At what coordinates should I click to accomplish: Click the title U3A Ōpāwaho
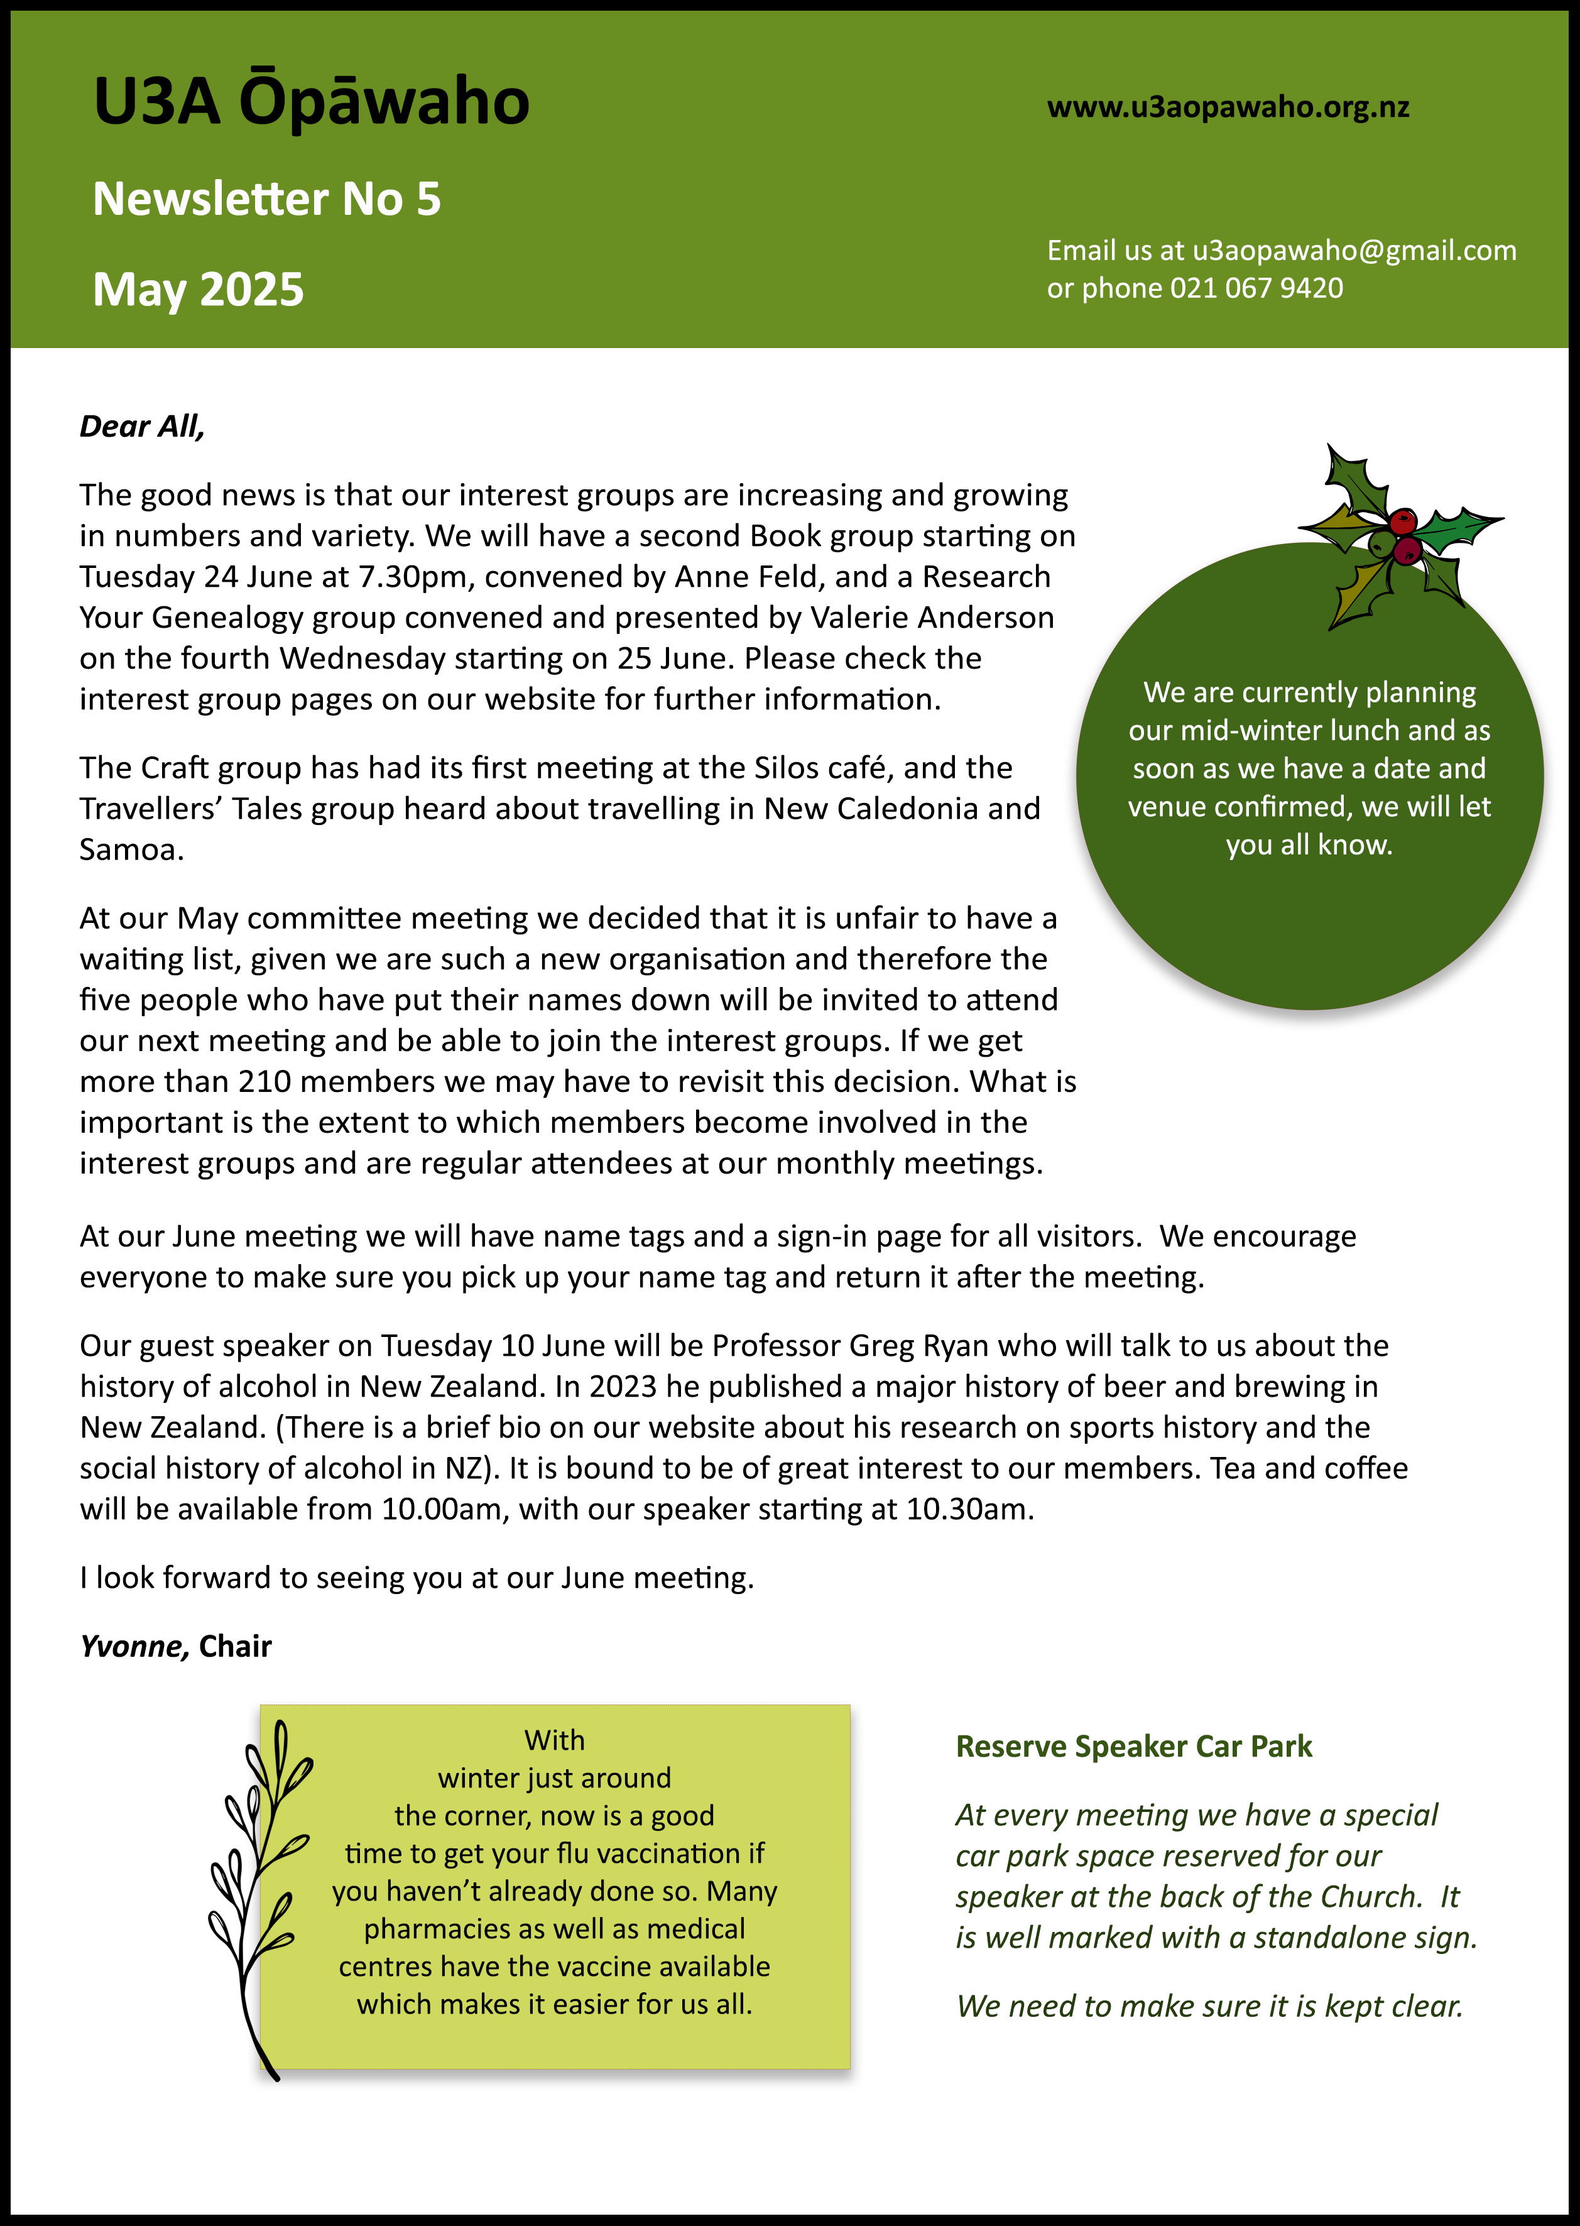coord(312,102)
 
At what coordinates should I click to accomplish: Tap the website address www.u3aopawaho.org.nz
coord(1228,107)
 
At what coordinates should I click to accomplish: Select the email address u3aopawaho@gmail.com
coord(1354,251)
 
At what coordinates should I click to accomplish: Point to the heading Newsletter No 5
coord(266,199)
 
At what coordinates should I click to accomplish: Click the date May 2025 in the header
coord(199,290)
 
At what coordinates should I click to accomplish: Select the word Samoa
coord(131,849)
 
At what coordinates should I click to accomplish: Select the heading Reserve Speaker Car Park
coord(1133,1747)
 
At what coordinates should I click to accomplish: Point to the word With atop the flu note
coord(555,1740)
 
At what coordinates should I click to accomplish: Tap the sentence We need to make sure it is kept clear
coord(1209,2006)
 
